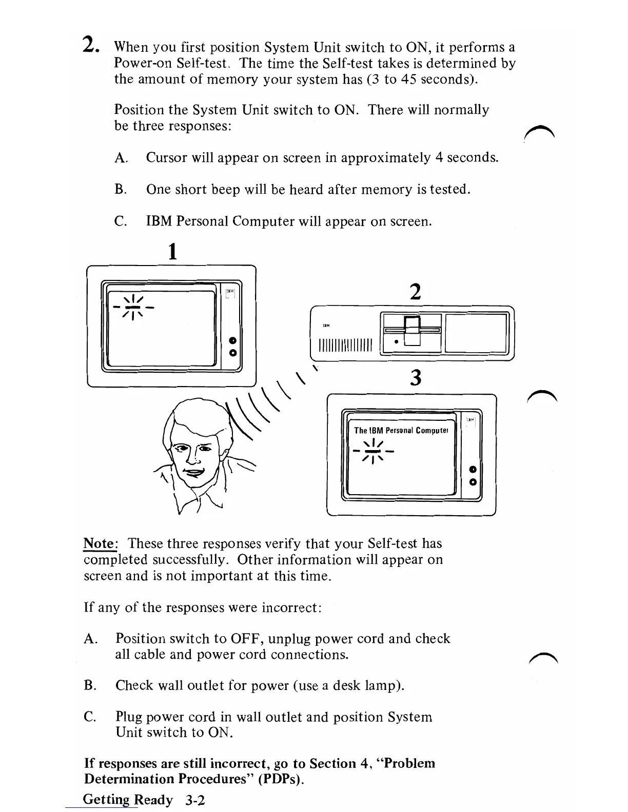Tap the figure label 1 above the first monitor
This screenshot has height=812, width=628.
[172, 252]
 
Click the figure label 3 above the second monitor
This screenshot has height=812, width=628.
[416, 378]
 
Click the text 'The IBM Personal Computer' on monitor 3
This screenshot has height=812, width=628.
[401, 431]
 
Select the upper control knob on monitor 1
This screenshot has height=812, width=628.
[232, 340]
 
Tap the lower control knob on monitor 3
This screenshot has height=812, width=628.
[473, 482]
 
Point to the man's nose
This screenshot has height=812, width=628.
[191, 455]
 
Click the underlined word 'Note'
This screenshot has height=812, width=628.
[99, 543]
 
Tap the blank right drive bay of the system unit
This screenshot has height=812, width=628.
[476, 333]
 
